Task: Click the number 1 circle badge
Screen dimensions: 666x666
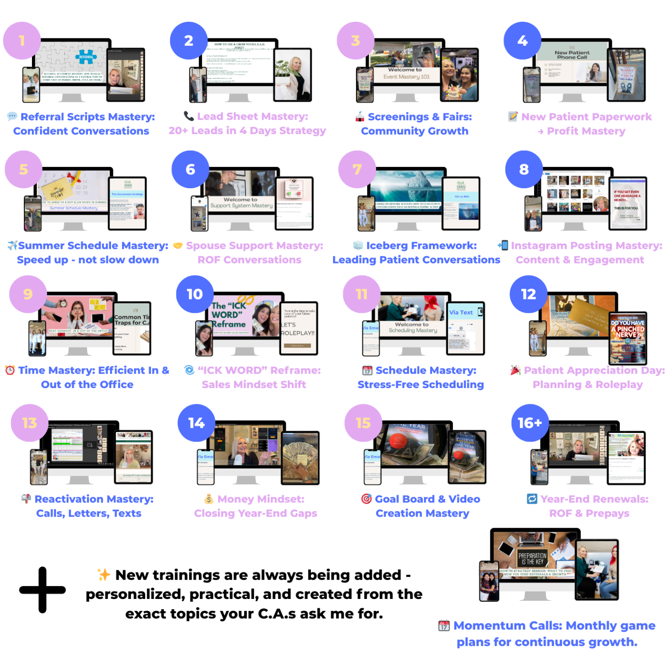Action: coord(22,41)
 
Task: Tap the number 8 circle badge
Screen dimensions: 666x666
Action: coord(524,169)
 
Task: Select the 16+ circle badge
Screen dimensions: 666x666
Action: coord(530,423)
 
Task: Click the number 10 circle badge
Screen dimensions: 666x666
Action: coord(195,294)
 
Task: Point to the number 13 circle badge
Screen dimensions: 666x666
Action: coord(30,423)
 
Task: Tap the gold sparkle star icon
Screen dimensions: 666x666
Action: coord(104,574)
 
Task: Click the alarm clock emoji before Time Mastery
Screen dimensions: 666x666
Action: coord(10,370)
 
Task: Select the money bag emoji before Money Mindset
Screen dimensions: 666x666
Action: coord(209,499)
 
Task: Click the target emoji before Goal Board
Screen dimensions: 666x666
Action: coord(366,499)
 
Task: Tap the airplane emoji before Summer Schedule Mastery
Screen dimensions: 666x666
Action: coord(12,245)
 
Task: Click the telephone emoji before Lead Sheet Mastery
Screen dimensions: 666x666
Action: coord(189,116)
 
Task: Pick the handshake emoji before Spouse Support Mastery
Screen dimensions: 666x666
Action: coord(178,245)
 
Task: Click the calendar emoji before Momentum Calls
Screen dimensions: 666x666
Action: coord(444,626)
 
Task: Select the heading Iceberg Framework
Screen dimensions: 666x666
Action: coord(421,246)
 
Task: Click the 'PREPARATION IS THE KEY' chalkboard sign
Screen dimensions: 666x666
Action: coord(532,558)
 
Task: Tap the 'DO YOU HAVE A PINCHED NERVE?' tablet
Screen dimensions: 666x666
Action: coord(628,338)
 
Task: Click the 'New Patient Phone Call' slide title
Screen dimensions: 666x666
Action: coord(572,55)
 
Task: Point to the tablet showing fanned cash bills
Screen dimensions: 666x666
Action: coord(301,458)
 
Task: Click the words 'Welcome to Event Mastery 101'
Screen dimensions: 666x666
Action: coord(406,73)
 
